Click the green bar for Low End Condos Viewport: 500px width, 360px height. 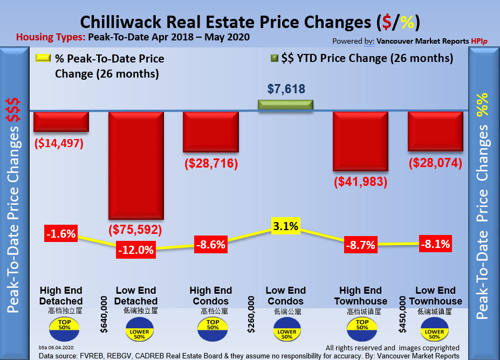click(285, 105)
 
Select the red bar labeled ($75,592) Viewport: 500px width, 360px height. click(136, 164)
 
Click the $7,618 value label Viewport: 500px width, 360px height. click(286, 89)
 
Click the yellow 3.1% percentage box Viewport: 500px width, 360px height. click(285, 226)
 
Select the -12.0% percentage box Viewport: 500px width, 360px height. click(135, 250)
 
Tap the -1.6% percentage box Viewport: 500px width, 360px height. click(60, 234)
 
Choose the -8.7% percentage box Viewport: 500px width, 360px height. click(360, 245)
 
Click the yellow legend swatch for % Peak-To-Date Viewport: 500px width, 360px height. click(44, 58)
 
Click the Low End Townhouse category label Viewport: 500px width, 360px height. click(435, 296)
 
